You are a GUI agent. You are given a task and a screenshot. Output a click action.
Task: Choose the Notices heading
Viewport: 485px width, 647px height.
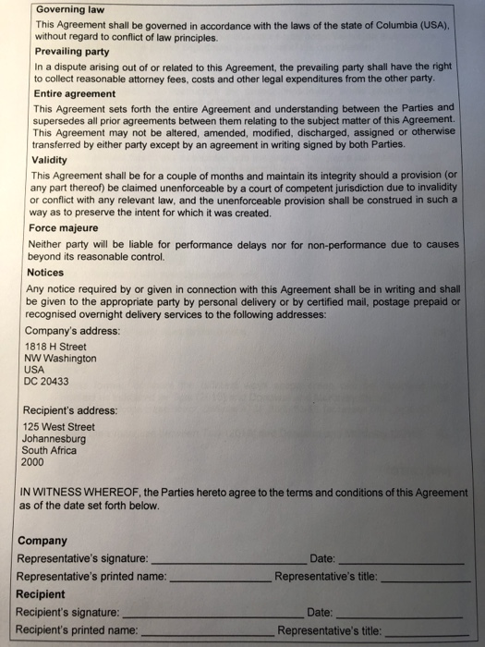tap(45, 273)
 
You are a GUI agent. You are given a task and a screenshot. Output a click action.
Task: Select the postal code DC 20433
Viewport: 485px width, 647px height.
tap(45, 381)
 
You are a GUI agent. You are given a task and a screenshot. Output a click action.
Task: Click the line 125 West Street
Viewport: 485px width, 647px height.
tap(58, 426)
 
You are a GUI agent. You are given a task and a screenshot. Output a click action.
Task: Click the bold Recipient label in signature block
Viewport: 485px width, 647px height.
tap(41, 594)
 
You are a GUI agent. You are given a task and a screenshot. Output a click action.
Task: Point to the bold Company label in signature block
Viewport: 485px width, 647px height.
tap(42, 541)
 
